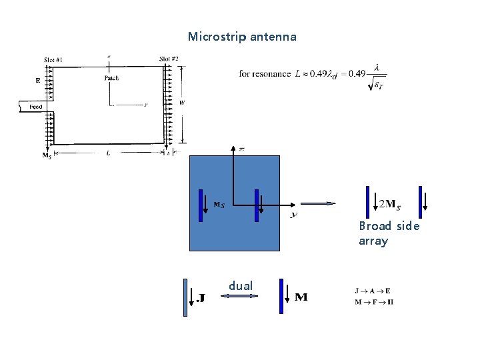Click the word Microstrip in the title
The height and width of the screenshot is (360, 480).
(217, 37)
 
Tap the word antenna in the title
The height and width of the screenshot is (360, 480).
(274, 37)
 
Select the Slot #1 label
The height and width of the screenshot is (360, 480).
(53, 60)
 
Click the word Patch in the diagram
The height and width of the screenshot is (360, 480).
(112, 78)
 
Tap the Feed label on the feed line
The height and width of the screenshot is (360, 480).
(35, 107)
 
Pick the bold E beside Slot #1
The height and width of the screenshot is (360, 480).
(38, 81)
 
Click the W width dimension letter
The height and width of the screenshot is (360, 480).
(182, 103)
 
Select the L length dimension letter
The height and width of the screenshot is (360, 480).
(109, 153)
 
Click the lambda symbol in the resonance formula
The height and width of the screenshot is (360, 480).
(378, 67)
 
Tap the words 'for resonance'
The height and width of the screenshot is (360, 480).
(265, 73)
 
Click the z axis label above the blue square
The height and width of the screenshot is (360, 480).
(241, 149)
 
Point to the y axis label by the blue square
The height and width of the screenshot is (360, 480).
(293, 215)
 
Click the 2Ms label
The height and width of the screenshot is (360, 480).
(389, 203)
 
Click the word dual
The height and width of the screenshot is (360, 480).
(241, 286)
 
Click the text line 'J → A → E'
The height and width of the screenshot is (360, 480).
(373, 291)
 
